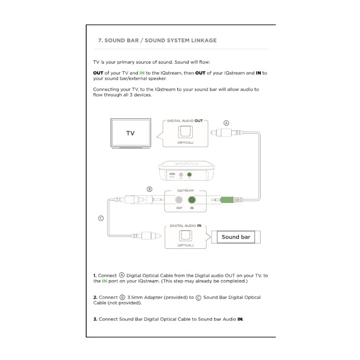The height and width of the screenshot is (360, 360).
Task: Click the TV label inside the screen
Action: tap(130, 133)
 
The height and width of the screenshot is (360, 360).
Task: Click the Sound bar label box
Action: tap(236, 237)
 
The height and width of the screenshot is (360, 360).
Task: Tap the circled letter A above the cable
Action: tap(226, 123)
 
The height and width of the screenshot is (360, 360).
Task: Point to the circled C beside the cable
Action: tap(101, 219)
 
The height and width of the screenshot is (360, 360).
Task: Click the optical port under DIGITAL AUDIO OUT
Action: tap(185, 132)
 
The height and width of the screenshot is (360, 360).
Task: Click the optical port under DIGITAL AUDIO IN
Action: tap(185, 235)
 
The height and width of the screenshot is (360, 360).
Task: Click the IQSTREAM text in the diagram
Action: tap(185, 191)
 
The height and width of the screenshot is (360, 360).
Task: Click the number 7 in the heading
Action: tap(99, 40)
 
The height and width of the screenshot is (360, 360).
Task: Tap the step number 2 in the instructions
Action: tap(95, 297)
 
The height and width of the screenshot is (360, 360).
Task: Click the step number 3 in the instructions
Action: tap(95, 319)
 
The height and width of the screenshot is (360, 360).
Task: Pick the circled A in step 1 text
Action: tap(121, 275)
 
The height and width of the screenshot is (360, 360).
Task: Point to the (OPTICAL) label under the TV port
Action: tap(185, 143)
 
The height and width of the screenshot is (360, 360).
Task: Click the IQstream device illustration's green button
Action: tap(189, 174)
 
